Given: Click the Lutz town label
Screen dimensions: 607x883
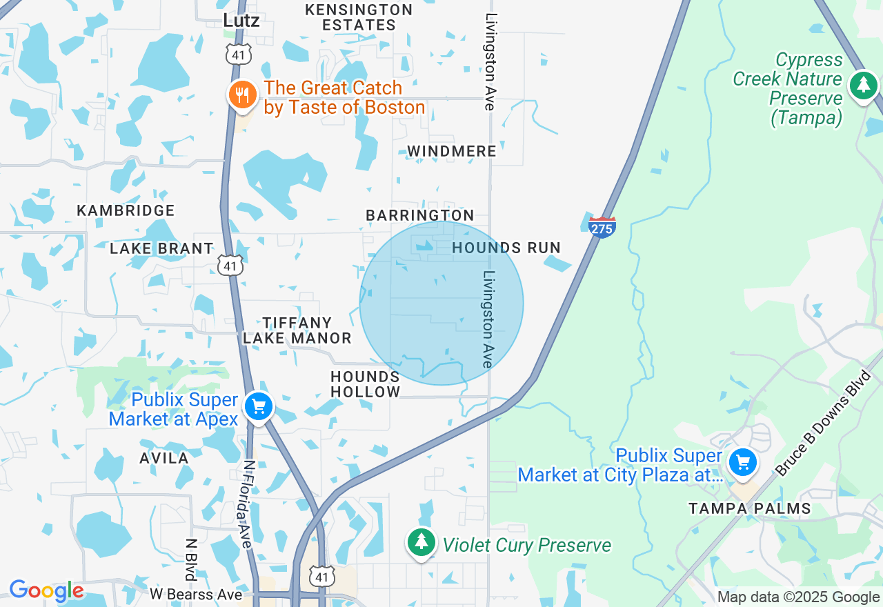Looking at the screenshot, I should click(241, 21).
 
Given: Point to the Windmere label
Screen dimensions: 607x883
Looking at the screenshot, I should click(452, 151).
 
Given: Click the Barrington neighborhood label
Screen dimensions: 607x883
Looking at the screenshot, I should click(420, 215).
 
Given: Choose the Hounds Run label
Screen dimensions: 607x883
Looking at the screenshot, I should click(506, 248).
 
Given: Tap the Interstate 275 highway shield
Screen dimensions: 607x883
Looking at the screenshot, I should click(602, 227).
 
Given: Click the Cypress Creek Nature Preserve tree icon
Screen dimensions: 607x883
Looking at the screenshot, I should click(863, 86).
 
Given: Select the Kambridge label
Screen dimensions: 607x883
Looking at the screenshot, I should click(126, 210).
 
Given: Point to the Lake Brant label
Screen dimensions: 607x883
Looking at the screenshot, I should click(161, 248).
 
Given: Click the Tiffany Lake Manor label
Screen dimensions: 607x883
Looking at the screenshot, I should click(297, 330).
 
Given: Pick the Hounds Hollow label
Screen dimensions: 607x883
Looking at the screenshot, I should click(365, 384).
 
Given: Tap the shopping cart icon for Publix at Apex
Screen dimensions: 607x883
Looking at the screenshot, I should click(259, 406).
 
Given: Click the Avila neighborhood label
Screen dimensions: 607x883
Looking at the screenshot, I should click(164, 458).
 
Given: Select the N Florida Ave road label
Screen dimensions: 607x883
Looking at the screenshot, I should click(249, 504).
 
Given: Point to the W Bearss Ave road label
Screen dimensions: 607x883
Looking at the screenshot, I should click(196, 595).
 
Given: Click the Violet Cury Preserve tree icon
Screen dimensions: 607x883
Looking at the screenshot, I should click(420, 542).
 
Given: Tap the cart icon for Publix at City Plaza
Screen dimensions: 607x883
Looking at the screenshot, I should click(743, 461).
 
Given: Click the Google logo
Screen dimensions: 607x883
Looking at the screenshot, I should click(46, 591).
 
